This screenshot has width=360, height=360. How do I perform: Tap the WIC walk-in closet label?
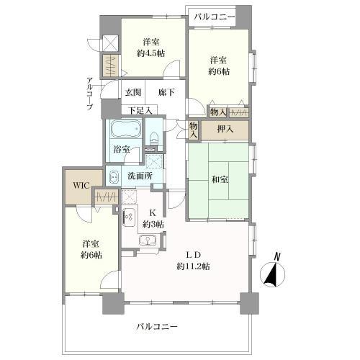coord(80,185)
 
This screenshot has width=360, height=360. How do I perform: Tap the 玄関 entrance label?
coord(132,93)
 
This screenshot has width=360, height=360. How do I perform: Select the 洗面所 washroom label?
coord(140,176)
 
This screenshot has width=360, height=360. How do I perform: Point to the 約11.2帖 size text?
coord(193,266)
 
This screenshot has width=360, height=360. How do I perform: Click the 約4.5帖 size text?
coord(151,53)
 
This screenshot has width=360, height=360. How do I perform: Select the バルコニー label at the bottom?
coord(157,326)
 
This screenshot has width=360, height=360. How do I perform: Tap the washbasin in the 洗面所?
coord(114,175)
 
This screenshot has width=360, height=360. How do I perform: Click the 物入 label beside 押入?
coord(193,129)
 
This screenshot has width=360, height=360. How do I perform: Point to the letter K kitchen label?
coord(152,212)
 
